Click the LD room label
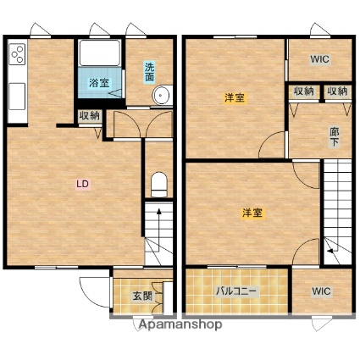[83, 184]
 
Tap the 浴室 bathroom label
[99, 83]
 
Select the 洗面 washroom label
[150, 72]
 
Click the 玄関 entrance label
[143, 296]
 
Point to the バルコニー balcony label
[236, 291]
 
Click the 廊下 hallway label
[335, 137]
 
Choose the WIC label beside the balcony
[321, 291]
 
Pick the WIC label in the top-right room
[319, 59]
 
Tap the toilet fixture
[159, 185]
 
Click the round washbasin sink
[162, 95]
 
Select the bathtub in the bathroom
[100, 53]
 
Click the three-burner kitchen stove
[18, 53]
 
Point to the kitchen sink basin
[18, 96]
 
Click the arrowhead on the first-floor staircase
[159, 211]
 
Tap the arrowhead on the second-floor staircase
[330, 251]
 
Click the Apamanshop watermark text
[180, 324]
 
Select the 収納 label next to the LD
[90, 115]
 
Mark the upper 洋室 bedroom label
[235, 98]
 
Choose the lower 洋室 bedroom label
[252, 213]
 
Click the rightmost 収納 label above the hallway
[337, 91]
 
